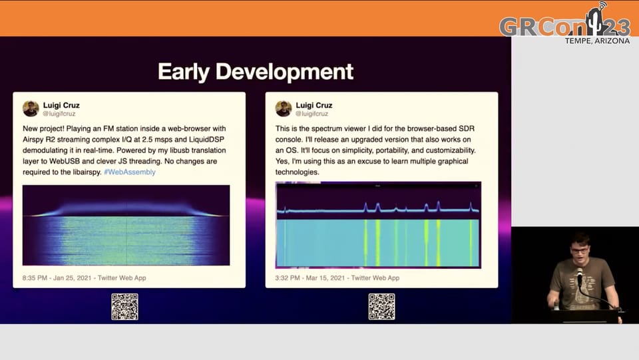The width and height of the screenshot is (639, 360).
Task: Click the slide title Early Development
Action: [x=255, y=72]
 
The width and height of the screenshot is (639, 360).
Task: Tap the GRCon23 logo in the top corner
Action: [x=564, y=25]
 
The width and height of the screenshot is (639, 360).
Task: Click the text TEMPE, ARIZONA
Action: [x=596, y=41]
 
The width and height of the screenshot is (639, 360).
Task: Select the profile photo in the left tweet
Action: [x=31, y=108]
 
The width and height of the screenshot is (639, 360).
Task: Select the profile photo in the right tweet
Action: [x=284, y=108]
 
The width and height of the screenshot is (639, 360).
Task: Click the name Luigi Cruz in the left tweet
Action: [x=61, y=105]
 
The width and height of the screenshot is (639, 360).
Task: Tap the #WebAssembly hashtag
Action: [x=129, y=172]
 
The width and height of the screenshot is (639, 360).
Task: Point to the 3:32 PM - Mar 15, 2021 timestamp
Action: [x=337, y=277]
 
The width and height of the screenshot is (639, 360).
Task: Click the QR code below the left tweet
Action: [x=124, y=307]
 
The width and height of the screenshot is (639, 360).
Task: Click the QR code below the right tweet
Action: [x=381, y=307]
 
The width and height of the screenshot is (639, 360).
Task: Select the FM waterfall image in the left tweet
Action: [x=126, y=226]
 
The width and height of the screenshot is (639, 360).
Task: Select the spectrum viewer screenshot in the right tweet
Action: [x=378, y=225]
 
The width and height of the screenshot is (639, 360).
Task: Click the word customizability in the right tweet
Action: [x=449, y=150]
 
